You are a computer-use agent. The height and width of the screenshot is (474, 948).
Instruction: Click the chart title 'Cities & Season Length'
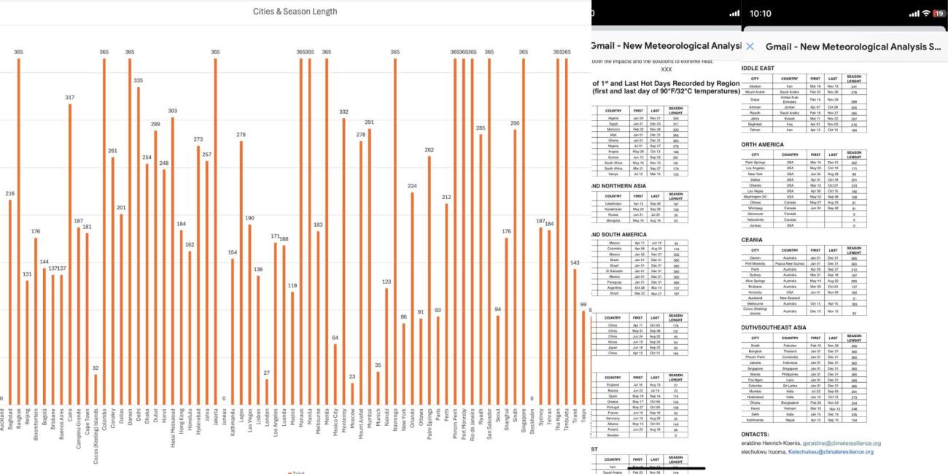295,12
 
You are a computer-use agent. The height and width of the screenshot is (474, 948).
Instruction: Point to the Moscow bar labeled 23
352,394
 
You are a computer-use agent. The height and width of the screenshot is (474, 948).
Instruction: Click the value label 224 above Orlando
412,186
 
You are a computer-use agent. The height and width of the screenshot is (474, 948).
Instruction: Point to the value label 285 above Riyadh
481,128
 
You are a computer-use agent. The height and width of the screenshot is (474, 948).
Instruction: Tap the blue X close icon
750,47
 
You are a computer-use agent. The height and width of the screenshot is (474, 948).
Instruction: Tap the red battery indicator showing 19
938,14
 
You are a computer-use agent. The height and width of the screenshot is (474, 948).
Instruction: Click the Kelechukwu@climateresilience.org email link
837,451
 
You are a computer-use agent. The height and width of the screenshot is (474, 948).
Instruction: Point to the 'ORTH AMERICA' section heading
763,144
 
